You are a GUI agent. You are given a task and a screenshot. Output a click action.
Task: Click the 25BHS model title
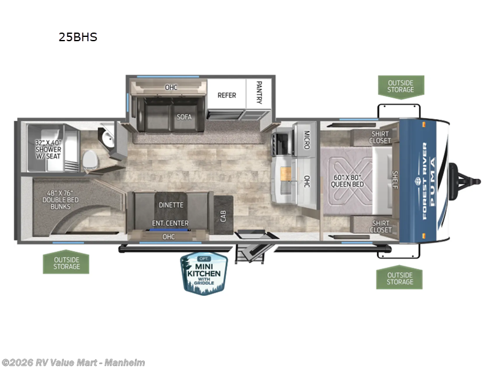pos(78,37)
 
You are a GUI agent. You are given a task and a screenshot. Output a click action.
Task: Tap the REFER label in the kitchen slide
pos(226,95)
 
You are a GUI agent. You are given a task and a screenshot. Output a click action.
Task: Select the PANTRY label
pos(259,92)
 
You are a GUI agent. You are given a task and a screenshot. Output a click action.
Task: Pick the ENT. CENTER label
pos(171,223)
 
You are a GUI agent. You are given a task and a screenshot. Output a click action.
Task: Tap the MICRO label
pos(306,139)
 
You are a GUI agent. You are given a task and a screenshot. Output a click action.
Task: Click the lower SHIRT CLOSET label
pos(381,226)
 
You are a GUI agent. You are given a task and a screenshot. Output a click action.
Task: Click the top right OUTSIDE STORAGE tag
pos(400,86)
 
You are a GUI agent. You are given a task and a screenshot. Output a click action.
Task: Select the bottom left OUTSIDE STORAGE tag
pos(66,263)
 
